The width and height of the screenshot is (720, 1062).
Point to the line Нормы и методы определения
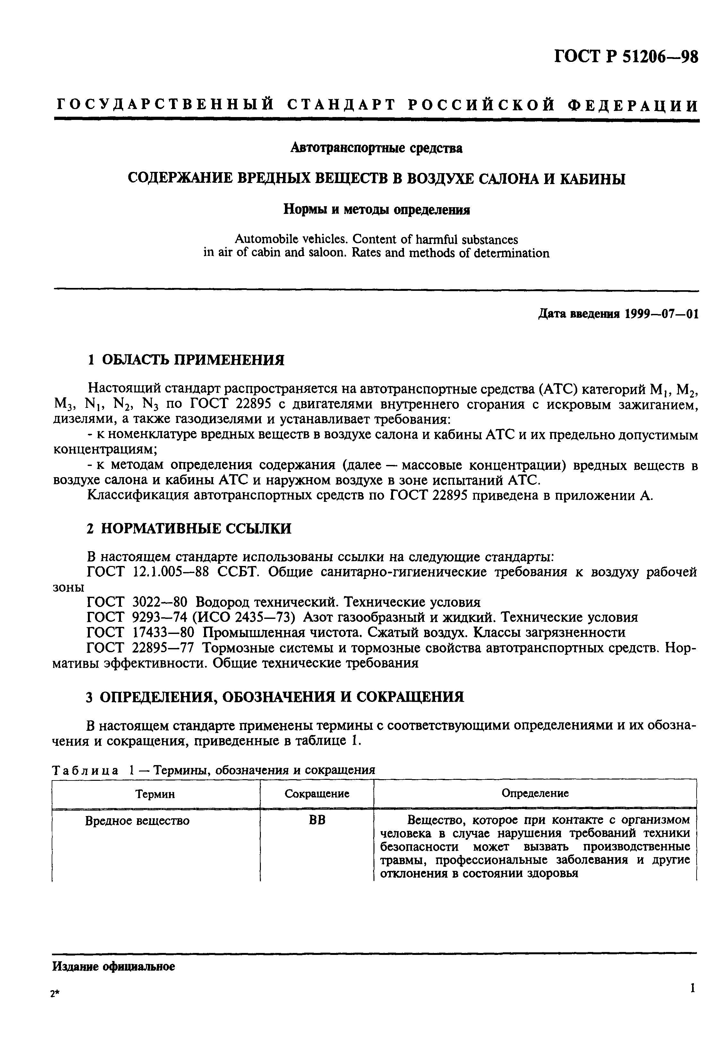(377, 209)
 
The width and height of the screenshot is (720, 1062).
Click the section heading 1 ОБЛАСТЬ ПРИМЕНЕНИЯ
(185, 360)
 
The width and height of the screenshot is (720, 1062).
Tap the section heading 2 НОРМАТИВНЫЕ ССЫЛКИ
(189, 529)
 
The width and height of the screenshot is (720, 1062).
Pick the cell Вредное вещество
(137, 821)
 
